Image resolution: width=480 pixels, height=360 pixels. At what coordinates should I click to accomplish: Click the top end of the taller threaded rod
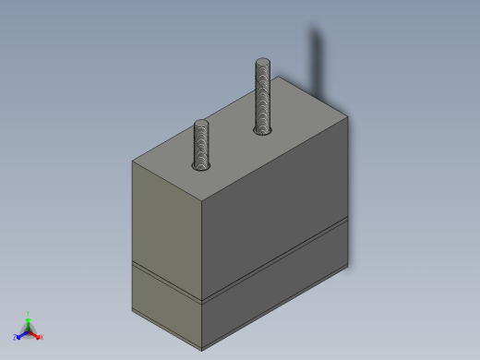(x=263, y=63)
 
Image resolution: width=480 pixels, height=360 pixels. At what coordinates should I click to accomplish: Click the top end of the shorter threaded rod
(x=201, y=124)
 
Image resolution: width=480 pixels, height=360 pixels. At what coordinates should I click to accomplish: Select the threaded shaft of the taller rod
(x=263, y=98)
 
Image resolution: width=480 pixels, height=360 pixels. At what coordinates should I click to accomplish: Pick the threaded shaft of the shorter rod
(x=201, y=145)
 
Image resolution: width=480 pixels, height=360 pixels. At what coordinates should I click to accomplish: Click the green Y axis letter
(x=29, y=313)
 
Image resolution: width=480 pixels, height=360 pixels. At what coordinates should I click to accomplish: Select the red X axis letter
(x=42, y=337)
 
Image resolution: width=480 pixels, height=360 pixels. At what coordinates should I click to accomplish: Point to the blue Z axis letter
(x=16, y=337)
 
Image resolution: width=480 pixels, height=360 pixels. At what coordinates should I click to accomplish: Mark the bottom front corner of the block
(x=202, y=350)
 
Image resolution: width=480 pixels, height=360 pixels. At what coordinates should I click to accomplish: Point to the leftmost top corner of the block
(x=133, y=161)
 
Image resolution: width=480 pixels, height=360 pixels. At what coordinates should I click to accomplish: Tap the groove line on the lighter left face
(x=166, y=282)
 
